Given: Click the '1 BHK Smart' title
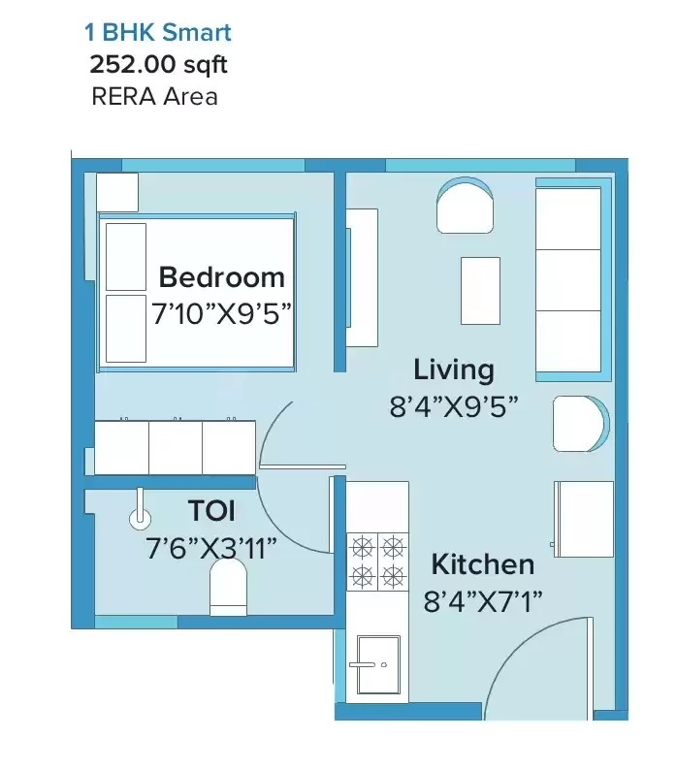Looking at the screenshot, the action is [x=158, y=32].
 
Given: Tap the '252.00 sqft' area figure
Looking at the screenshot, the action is [x=158, y=64].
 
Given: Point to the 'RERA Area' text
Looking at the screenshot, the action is [x=154, y=96].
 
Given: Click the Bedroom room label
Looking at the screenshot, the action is [x=221, y=277].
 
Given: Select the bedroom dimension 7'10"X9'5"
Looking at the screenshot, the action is [x=221, y=313].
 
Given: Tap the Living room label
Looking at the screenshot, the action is [x=454, y=370].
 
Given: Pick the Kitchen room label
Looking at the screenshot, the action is [x=482, y=564].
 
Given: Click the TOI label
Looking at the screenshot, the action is [x=211, y=510].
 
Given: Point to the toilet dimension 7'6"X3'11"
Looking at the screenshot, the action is [x=211, y=548].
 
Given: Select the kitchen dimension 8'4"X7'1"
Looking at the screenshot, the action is [x=482, y=600].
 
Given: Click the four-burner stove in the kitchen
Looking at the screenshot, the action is [x=377, y=561].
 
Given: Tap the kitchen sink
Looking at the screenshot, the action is [x=378, y=664].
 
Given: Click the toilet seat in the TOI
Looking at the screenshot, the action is [x=228, y=588].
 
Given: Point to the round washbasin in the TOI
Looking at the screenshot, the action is [x=140, y=518].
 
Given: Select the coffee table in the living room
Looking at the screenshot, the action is [x=480, y=291].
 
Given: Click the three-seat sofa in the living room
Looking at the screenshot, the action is [x=573, y=279].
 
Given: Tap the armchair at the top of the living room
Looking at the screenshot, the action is [x=465, y=206].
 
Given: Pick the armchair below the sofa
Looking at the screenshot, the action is [x=581, y=424].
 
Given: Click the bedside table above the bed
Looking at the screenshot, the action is [x=117, y=192].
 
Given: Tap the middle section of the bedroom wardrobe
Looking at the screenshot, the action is [x=176, y=447].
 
